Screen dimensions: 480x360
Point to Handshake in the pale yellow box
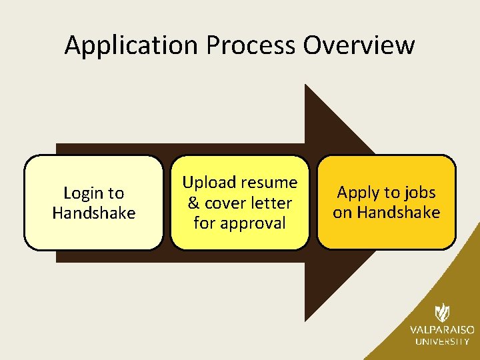[x=93, y=213]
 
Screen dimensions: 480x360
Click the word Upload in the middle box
[x=209, y=183]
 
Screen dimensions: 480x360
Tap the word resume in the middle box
[x=269, y=183]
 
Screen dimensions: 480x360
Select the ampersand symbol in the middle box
[x=194, y=203]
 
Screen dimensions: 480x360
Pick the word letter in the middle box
[x=273, y=203]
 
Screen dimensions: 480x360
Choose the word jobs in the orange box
[x=420, y=193]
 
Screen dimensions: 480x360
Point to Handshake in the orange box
[x=398, y=213]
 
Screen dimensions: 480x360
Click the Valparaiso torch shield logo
[x=442, y=313]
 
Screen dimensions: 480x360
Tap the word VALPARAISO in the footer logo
[x=442, y=330]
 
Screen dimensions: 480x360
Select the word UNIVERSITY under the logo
[x=442, y=341]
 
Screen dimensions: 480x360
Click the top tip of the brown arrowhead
[x=306, y=85]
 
